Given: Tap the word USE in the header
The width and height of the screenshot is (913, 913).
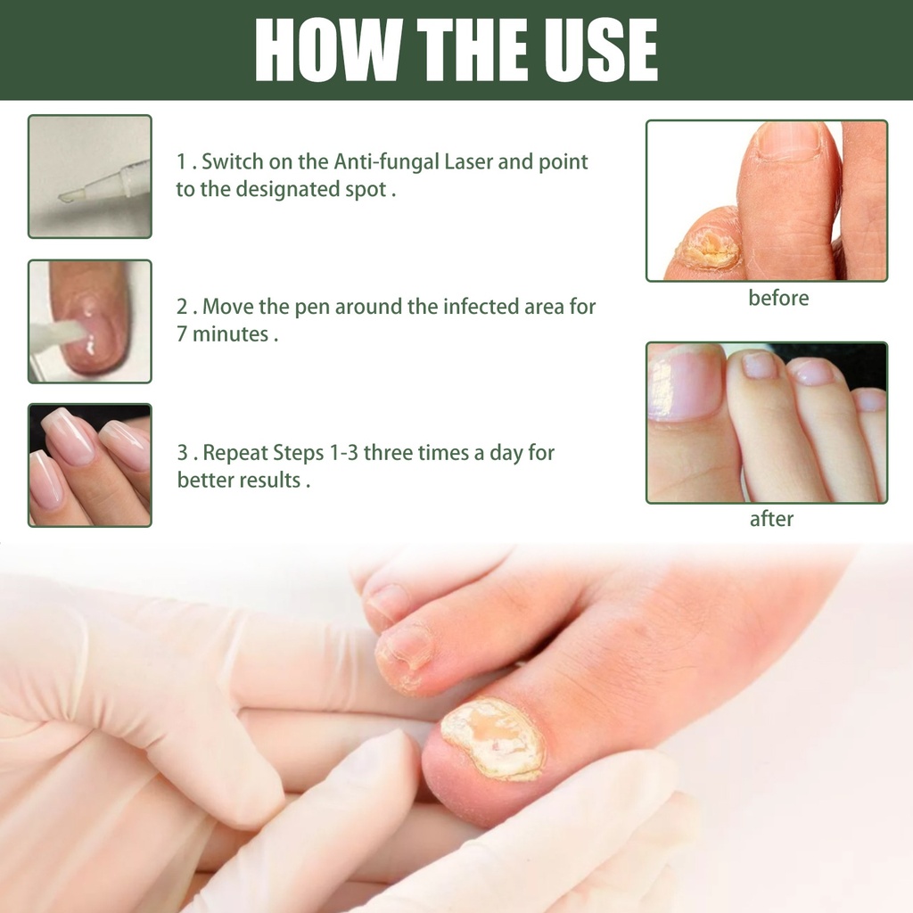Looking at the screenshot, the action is tap(601, 50).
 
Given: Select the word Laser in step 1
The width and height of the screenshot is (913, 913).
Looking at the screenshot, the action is tap(468, 162).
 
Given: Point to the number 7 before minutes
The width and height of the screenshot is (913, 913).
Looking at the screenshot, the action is tap(182, 334).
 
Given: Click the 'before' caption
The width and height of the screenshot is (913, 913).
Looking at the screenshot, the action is tap(778, 298).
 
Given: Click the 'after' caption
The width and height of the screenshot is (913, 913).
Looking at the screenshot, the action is tap(771, 519).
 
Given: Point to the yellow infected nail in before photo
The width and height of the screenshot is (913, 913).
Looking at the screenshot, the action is tap(709, 248).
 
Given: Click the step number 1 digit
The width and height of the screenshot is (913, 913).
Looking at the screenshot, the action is tap(181, 162).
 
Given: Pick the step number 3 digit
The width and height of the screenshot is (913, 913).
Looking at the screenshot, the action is tap(182, 453).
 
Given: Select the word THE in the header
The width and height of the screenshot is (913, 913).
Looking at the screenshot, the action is tap(473, 50).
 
